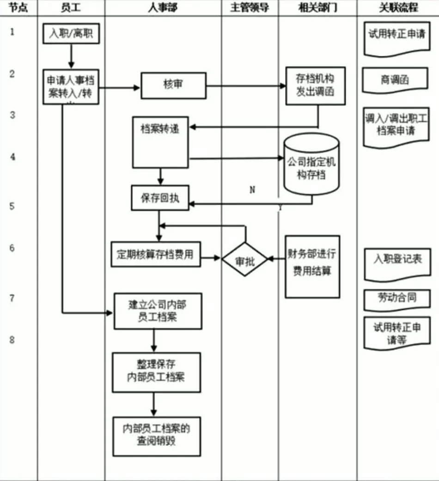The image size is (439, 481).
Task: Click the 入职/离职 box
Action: [x=71, y=34]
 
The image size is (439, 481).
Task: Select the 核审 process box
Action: [x=173, y=85]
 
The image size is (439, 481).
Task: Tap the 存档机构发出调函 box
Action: [x=315, y=85]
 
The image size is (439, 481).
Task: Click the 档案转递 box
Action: [x=160, y=141]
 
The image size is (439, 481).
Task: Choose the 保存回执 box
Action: [x=159, y=198]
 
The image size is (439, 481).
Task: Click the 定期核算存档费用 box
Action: [x=156, y=254]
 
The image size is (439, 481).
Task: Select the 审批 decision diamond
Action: [x=245, y=260]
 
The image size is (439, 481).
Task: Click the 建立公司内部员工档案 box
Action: [x=158, y=311]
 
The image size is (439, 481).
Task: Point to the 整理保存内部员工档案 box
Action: [x=156, y=372]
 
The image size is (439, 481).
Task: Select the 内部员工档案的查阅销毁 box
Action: [x=156, y=436]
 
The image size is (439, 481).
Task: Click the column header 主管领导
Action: [x=250, y=8]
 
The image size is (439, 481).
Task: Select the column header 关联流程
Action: [x=398, y=8]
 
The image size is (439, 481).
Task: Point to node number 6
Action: [x=12, y=248]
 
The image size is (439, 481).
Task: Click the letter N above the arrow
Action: [x=252, y=189]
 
